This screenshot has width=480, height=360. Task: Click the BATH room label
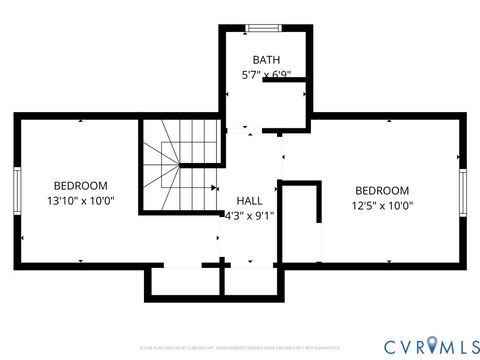(x=265, y=59)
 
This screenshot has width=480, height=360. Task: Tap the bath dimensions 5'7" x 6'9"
(x=265, y=75)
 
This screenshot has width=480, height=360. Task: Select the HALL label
(x=249, y=200)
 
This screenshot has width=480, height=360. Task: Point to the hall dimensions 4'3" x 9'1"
(x=249, y=215)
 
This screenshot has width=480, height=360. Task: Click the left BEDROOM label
(x=80, y=185)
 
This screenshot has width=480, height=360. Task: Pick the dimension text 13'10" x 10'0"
(x=80, y=200)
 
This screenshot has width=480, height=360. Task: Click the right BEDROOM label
(x=382, y=191)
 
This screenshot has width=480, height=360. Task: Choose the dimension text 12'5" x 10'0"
(x=382, y=206)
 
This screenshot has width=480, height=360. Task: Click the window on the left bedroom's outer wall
(x=17, y=190)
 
